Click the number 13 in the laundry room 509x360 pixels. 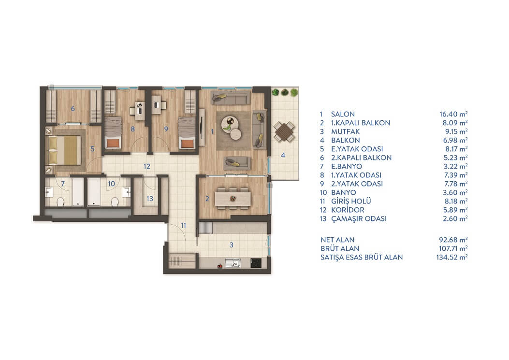[x=150, y=198]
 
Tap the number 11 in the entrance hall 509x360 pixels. [x=183, y=225]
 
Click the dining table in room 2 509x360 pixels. [x=233, y=198]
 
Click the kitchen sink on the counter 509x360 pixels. [x=233, y=262]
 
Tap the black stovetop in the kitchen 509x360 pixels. [x=256, y=262]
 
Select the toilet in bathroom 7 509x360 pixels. [x=61, y=202]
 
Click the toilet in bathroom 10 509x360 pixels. [x=115, y=202]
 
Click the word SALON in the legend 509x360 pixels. [x=343, y=114]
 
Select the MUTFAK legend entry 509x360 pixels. [x=346, y=131]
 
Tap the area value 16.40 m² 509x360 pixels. [x=453, y=114]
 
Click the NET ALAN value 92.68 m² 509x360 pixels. [x=453, y=240]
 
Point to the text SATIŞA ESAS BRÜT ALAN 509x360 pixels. [x=362, y=257]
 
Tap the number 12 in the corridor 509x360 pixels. [x=147, y=166]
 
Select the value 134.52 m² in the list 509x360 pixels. [x=452, y=257]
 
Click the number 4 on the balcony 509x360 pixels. [x=283, y=155]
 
